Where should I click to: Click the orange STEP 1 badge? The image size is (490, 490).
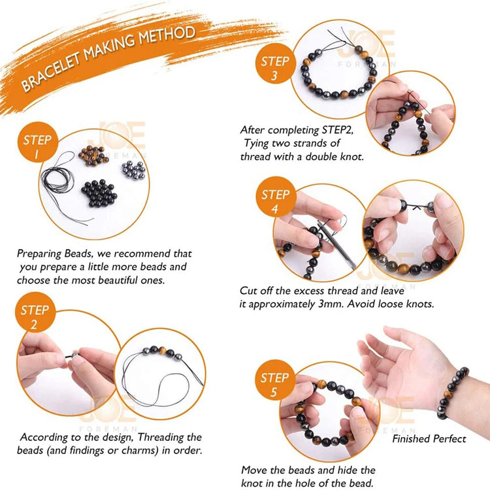[x=37, y=142]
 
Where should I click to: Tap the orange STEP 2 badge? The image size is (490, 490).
[x=35, y=312]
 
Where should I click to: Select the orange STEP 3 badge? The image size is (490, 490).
[x=275, y=64]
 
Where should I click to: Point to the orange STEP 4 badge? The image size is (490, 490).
[x=276, y=197]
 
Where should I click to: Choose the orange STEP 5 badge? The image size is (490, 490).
[x=274, y=380]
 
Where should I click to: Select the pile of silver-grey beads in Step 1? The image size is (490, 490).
[x=134, y=171]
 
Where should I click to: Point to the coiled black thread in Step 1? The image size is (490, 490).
[x=60, y=180]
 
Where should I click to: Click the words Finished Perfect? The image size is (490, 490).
[x=429, y=439]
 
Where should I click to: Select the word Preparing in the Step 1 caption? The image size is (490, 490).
[x=39, y=253]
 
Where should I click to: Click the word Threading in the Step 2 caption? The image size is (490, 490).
[x=161, y=438]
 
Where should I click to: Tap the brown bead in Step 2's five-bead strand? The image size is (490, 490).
[x=162, y=350]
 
